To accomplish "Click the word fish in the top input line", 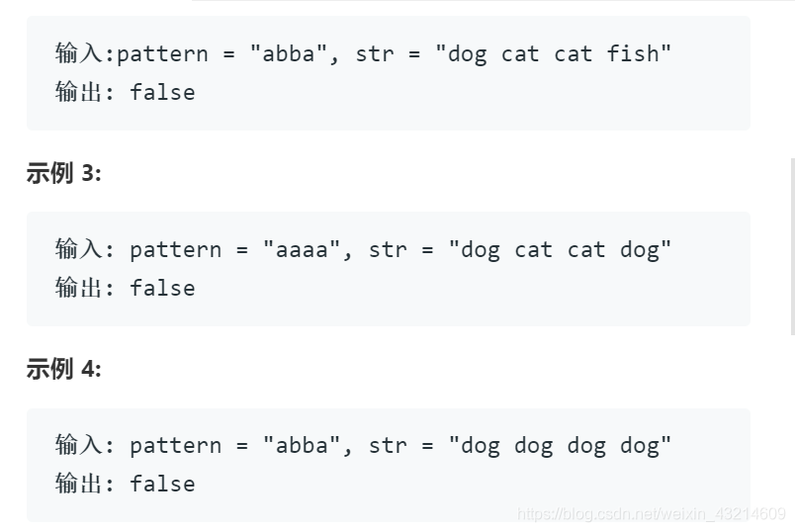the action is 633,53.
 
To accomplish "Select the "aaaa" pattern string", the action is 303,249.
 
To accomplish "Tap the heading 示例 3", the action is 63,173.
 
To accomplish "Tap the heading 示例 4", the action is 63,369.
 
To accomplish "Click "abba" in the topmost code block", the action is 289,53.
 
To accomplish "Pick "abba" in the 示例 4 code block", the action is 303,445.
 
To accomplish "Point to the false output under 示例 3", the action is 162,288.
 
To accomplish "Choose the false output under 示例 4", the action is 162,484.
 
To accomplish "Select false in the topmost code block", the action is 162,92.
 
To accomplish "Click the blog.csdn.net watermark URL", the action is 652,514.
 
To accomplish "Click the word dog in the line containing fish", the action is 468,53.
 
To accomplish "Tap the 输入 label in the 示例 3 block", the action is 79,249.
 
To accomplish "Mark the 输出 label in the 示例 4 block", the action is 79,484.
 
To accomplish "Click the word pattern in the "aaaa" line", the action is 175,249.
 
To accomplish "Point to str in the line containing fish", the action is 375,53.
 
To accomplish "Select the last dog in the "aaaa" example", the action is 640,249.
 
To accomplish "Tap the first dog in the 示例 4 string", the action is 481,445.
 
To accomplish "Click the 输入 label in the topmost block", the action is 79,53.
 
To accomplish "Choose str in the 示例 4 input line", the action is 388,445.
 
